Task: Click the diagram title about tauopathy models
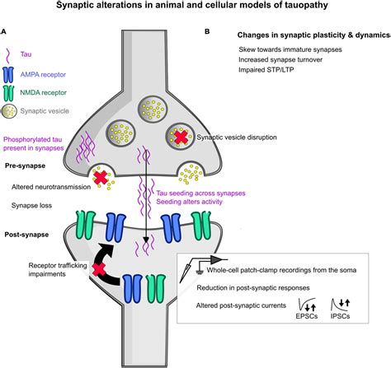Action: point(195,7)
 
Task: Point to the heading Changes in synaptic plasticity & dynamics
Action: point(308,35)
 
